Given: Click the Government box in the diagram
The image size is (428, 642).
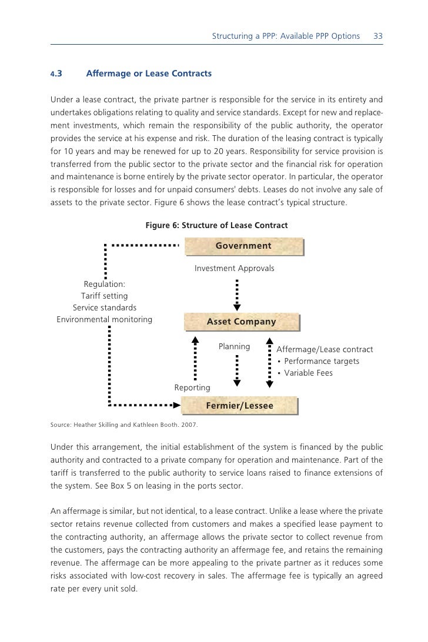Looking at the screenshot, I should (x=243, y=246).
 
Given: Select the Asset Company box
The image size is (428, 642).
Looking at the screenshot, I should (x=241, y=322).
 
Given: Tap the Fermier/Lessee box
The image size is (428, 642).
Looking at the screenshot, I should (x=239, y=406).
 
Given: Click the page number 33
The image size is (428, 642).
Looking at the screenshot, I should (x=378, y=36).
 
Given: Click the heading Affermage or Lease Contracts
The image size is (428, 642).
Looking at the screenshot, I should (x=149, y=74).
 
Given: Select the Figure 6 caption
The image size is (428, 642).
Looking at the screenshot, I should (x=216, y=225).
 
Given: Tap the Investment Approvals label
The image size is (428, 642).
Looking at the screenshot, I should (x=235, y=269).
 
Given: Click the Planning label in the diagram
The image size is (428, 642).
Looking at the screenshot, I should (x=234, y=347).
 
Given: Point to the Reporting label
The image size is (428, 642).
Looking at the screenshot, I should (x=192, y=388).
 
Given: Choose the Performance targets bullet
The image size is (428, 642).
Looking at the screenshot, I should (x=321, y=361).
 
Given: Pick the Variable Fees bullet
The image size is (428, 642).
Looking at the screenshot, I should (x=308, y=373).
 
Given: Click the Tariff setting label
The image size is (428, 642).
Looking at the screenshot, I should (x=104, y=296).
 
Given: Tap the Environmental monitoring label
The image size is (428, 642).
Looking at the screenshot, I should (x=104, y=319).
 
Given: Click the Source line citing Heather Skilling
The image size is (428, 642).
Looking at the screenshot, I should (x=124, y=424).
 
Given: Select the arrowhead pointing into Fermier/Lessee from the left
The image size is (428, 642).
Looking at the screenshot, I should (x=176, y=405).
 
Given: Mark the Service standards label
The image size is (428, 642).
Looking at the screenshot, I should (x=105, y=307).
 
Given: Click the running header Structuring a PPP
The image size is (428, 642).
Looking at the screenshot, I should (x=286, y=36).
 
